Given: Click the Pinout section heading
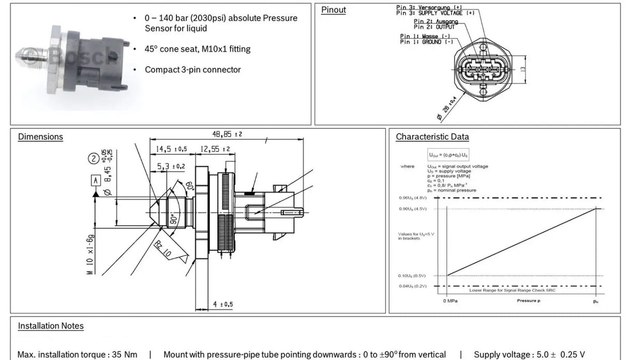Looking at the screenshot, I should (333, 10).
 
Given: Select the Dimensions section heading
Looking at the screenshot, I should (40, 137).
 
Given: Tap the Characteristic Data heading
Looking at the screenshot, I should (432, 137).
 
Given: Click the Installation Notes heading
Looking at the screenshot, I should (51, 325).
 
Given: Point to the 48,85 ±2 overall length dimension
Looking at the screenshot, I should (227, 134).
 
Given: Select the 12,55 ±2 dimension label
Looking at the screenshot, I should (215, 149).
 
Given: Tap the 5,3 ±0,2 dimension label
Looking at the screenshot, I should (171, 166).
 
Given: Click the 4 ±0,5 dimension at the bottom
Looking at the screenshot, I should (223, 304).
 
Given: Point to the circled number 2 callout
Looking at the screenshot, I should (94, 159).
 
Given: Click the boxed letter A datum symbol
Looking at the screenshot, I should (96, 181).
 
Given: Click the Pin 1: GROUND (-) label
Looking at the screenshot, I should (421, 42).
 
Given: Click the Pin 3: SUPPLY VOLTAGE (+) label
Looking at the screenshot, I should (435, 13).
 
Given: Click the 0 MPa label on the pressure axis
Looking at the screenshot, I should (450, 301).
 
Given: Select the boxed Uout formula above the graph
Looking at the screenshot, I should (448, 155).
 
